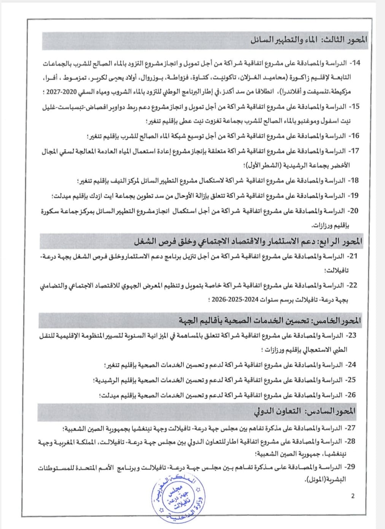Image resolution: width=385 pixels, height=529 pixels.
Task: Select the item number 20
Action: pos(354,211)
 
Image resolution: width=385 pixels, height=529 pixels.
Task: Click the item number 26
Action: pos(352,395)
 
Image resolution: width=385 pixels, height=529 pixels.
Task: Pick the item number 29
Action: pos(350,467)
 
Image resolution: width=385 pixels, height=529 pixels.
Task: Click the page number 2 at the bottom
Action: pos(353,496)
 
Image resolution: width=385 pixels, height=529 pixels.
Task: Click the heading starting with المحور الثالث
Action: pos(309,40)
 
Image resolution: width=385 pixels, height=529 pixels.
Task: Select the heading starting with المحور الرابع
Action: pos(248,241)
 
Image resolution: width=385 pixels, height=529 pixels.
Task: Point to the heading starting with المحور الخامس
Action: pos(270,321)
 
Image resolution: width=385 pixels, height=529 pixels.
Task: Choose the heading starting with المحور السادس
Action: pos(305,411)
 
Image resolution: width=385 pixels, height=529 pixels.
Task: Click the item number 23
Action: pos(352,336)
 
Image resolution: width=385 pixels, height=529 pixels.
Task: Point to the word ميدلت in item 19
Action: pos(62,196)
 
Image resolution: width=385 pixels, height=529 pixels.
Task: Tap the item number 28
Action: pos(351,441)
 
